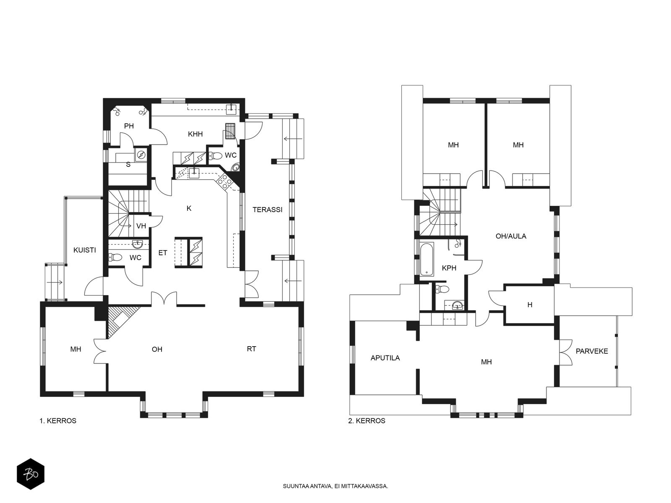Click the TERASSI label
(x=267, y=210)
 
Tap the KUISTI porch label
(x=84, y=250)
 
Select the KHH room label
(x=195, y=134)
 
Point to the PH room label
(x=129, y=126)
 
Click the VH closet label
(x=141, y=226)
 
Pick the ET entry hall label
(x=163, y=253)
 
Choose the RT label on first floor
(x=251, y=349)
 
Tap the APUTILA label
(x=385, y=358)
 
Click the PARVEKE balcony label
(x=591, y=351)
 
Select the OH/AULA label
(x=511, y=236)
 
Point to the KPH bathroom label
(x=449, y=268)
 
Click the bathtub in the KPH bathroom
(x=427, y=259)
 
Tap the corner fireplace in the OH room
(x=120, y=321)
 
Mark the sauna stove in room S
(x=141, y=155)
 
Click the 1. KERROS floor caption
(x=58, y=421)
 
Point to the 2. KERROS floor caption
(x=367, y=421)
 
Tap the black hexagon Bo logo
(x=31, y=474)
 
